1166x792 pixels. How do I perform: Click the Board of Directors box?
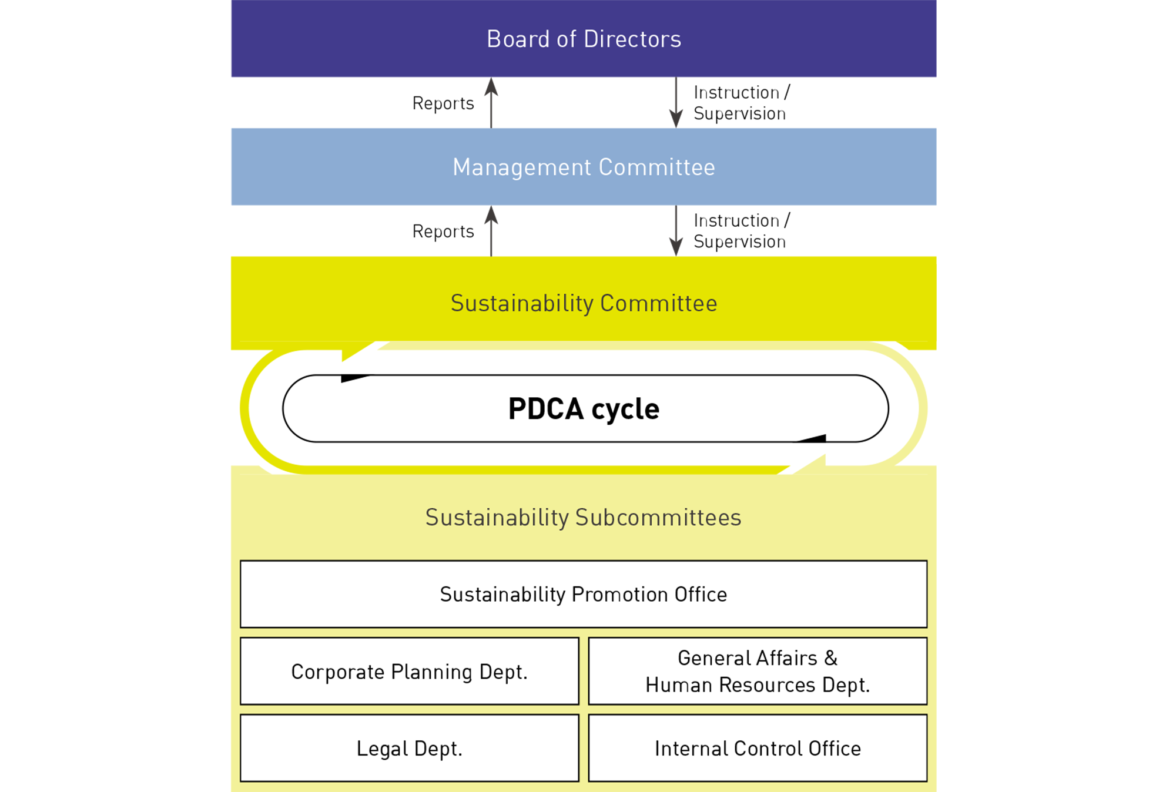(x=583, y=39)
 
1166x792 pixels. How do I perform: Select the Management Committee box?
(x=583, y=167)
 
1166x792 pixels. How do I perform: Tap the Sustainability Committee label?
(x=583, y=303)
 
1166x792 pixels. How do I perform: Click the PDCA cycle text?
(x=583, y=409)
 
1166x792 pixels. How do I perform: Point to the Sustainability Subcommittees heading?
(x=583, y=517)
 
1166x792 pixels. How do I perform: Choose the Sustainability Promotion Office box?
(x=583, y=594)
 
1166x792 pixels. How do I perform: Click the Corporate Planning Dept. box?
(x=409, y=671)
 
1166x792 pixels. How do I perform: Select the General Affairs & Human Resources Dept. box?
(x=757, y=671)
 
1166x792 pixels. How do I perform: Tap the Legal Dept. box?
(x=409, y=748)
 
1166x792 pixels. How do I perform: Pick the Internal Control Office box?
(x=757, y=748)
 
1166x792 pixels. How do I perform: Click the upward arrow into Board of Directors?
(x=491, y=102)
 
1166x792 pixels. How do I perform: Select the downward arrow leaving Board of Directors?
(x=676, y=102)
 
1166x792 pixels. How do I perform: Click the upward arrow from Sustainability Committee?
(x=491, y=230)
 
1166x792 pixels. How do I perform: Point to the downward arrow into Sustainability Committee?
(x=676, y=230)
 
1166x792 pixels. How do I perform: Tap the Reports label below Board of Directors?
(x=443, y=103)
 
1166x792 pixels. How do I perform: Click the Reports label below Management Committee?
(x=443, y=231)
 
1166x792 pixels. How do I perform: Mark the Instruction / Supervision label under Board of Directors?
(x=742, y=103)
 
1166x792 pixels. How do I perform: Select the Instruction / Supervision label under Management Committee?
(x=742, y=231)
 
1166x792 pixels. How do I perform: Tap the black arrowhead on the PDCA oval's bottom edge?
(x=815, y=438)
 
